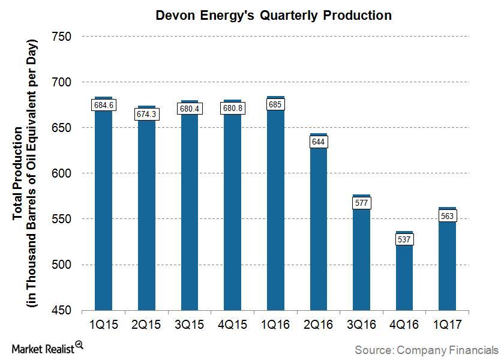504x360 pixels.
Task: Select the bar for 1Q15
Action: pyautogui.click(x=104, y=210)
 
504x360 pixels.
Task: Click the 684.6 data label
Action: pyautogui.click(x=103, y=105)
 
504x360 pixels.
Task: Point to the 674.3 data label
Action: pyautogui.click(x=146, y=114)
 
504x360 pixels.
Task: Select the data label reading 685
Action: pyautogui.click(x=275, y=104)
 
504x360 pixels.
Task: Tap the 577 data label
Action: pyautogui.click(x=361, y=203)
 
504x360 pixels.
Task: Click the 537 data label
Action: pyautogui.click(x=404, y=239)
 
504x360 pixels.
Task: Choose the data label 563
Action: pyautogui.click(x=447, y=216)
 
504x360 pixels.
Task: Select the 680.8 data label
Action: pyautogui.click(x=232, y=109)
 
